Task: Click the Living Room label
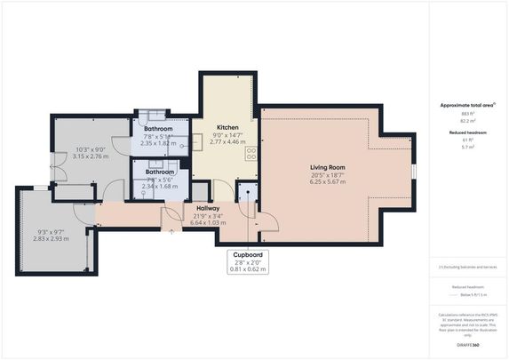tap(328, 167)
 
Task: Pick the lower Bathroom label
tap(160, 172)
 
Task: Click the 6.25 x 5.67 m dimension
tap(328, 183)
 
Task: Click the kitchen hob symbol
tap(251, 152)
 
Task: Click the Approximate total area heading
tap(467, 105)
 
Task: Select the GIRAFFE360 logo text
tap(468, 342)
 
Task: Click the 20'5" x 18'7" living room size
tap(328, 176)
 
